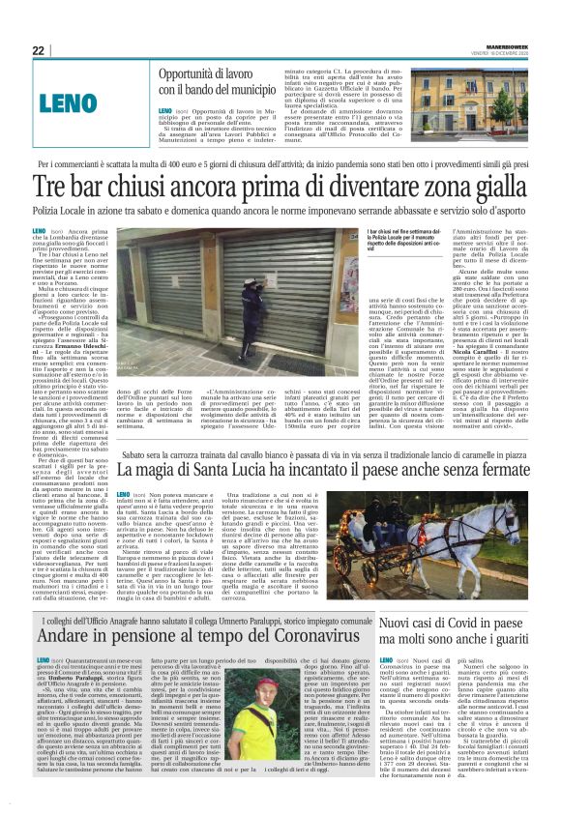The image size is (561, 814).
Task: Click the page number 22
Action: (x=38, y=51)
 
